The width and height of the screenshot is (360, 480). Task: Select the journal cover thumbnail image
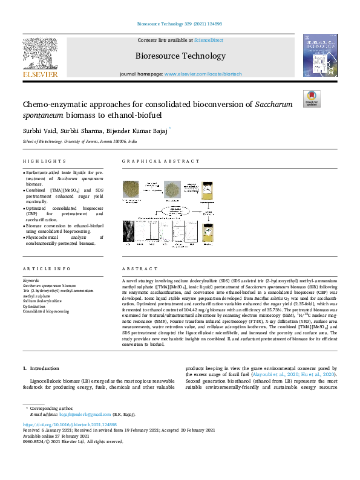[x=320, y=56]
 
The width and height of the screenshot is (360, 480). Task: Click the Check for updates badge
[x=312, y=99]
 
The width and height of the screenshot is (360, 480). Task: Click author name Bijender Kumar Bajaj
[x=137, y=132]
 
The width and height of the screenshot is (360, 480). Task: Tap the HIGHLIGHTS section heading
[x=44, y=161]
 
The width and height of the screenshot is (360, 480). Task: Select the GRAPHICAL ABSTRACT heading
[x=161, y=161]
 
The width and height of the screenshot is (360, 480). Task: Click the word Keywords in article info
[x=31, y=281]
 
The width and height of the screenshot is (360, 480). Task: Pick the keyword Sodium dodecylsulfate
[x=44, y=300]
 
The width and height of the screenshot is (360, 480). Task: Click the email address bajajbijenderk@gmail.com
[x=87, y=414]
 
